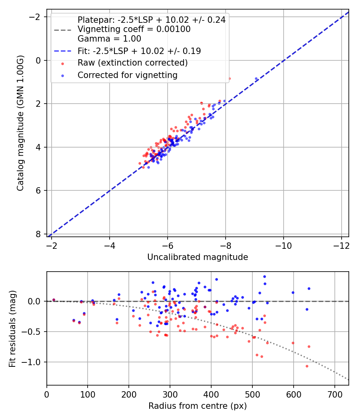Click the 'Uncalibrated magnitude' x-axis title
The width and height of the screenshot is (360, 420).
click(x=198, y=257)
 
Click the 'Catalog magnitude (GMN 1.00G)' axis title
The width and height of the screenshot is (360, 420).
click(x=20, y=123)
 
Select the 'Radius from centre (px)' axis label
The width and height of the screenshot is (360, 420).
click(x=198, y=406)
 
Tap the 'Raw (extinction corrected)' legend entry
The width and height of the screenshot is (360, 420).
click(x=132, y=63)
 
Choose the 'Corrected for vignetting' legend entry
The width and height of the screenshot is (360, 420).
click(x=127, y=75)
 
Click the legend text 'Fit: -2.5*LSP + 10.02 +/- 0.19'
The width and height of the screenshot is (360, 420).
click(x=139, y=51)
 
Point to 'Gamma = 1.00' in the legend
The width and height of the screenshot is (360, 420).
click(x=109, y=39)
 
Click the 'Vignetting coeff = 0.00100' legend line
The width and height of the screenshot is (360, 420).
click(x=134, y=29)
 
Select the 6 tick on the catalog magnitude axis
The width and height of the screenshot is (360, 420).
click(x=38, y=191)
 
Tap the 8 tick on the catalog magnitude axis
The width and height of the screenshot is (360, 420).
click(x=38, y=234)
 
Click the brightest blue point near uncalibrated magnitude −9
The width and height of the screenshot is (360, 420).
click(x=256, y=79)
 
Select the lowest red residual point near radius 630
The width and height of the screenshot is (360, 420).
click(x=307, y=366)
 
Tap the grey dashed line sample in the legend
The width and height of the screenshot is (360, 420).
click(x=63, y=29)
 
